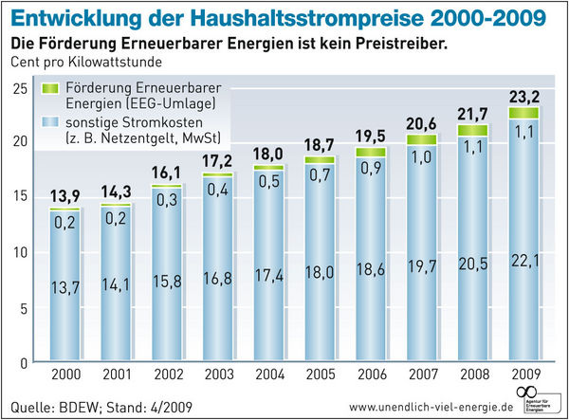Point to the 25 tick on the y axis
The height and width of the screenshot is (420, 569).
(20, 89)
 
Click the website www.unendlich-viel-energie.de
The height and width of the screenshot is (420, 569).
(424, 407)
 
